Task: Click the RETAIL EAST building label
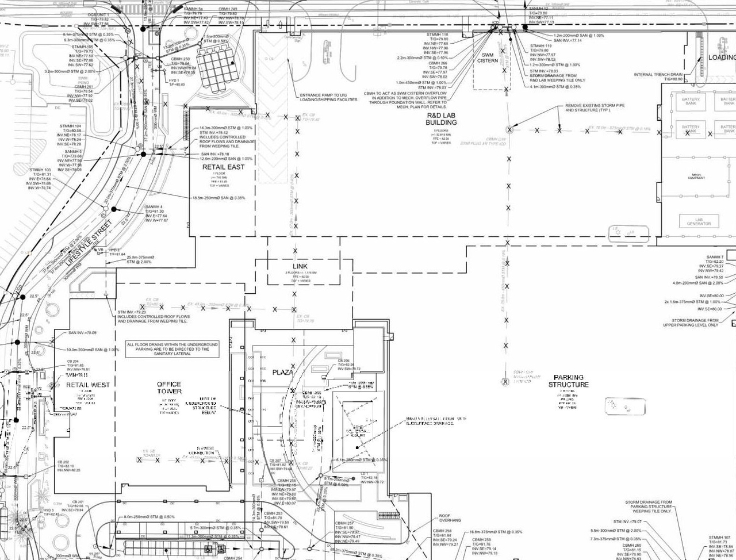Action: point(223,167)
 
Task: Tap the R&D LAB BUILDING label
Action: point(441,118)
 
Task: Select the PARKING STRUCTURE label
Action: point(568,381)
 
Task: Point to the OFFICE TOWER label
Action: point(169,388)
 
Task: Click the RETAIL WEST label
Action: point(87,385)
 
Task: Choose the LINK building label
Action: point(300,267)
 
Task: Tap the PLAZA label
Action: point(282,372)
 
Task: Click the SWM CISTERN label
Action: point(488,57)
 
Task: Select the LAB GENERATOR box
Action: point(699,221)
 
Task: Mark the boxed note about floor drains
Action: point(168,349)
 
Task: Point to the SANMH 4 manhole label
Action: point(154,206)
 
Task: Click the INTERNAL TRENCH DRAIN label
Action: point(658,75)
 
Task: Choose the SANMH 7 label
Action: point(715,257)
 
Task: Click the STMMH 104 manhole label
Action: point(70,126)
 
